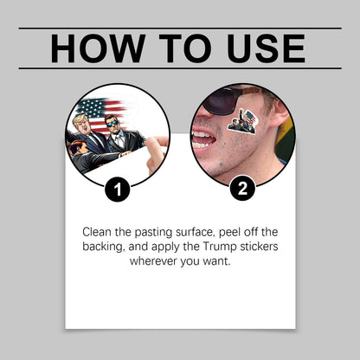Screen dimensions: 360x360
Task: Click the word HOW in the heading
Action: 98,48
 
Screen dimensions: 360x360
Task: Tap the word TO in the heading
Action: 185,48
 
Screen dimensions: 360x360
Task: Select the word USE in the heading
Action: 266,48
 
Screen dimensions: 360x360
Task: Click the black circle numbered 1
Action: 118,190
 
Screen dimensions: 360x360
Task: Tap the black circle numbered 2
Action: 242,188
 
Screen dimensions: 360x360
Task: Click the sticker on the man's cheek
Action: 242,121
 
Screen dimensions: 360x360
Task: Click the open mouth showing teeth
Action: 203,138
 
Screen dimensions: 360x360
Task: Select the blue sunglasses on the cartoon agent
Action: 112,124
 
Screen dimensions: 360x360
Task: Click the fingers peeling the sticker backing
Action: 156,153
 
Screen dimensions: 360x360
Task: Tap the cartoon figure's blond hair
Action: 81,119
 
